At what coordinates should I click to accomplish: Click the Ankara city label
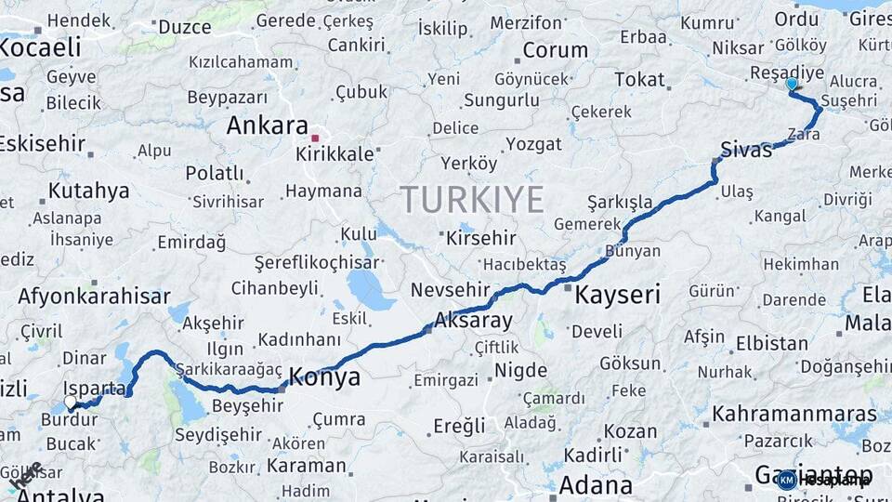[x=267, y=125]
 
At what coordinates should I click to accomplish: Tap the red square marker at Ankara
[x=315, y=139]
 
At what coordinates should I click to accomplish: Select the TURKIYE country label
[x=471, y=200]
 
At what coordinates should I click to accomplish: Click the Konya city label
[x=324, y=376]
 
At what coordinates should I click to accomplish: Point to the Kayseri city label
[x=617, y=296]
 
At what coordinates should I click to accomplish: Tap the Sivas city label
[x=746, y=150]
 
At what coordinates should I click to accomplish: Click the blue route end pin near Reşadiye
[x=792, y=85]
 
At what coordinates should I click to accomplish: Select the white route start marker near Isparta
[x=71, y=403]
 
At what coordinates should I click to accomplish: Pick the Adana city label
[x=596, y=484]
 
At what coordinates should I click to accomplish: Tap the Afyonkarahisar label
[x=94, y=297]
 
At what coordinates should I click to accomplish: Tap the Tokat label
[x=639, y=80]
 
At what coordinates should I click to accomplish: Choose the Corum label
[x=555, y=50]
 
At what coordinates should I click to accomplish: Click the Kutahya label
[x=88, y=192]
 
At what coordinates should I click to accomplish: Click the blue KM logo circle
[x=786, y=480]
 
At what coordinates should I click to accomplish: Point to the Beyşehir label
[x=247, y=405]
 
